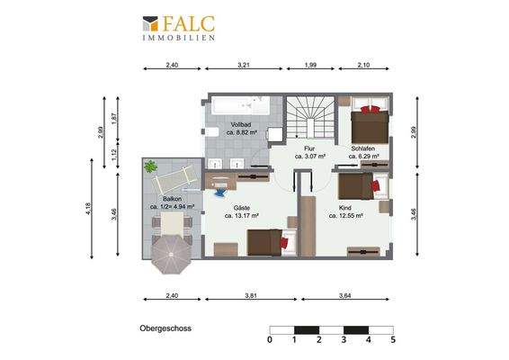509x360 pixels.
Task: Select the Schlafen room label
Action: pyautogui.click(x=363, y=148)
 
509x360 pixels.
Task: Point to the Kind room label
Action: pyautogui.click(x=345, y=208)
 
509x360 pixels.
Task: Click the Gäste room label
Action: pyautogui.click(x=241, y=208)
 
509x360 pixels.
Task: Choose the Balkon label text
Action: pyautogui.click(x=173, y=198)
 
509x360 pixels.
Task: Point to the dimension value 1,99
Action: pyautogui.click(x=310, y=65)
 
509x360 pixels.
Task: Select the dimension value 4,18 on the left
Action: pyautogui.click(x=87, y=209)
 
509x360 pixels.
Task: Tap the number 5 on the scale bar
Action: pyautogui.click(x=393, y=340)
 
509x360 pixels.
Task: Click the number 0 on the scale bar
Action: pyautogui.click(x=270, y=340)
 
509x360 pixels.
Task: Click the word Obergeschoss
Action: pyautogui.click(x=165, y=328)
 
